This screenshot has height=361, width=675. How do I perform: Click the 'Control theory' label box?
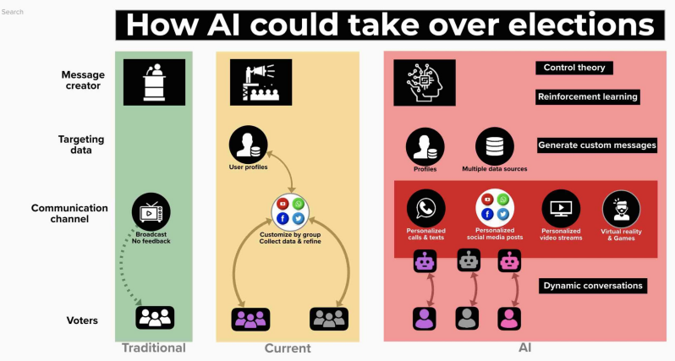(x=573, y=68)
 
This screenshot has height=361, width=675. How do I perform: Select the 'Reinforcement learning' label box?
(x=587, y=97)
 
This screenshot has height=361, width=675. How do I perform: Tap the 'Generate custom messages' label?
(x=597, y=145)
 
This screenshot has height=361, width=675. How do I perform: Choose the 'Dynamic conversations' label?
(x=592, y=286)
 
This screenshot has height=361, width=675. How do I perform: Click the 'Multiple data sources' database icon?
(x=494, y=145)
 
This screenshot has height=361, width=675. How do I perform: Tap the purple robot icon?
(x=425, y=263)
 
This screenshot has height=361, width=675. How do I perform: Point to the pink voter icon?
(x=509, y=318)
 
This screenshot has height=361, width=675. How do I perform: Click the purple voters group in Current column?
(x=250, y=318)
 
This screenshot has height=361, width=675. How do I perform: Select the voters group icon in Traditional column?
(x=155, y=318)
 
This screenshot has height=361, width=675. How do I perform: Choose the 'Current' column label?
(x=288, y=348)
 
